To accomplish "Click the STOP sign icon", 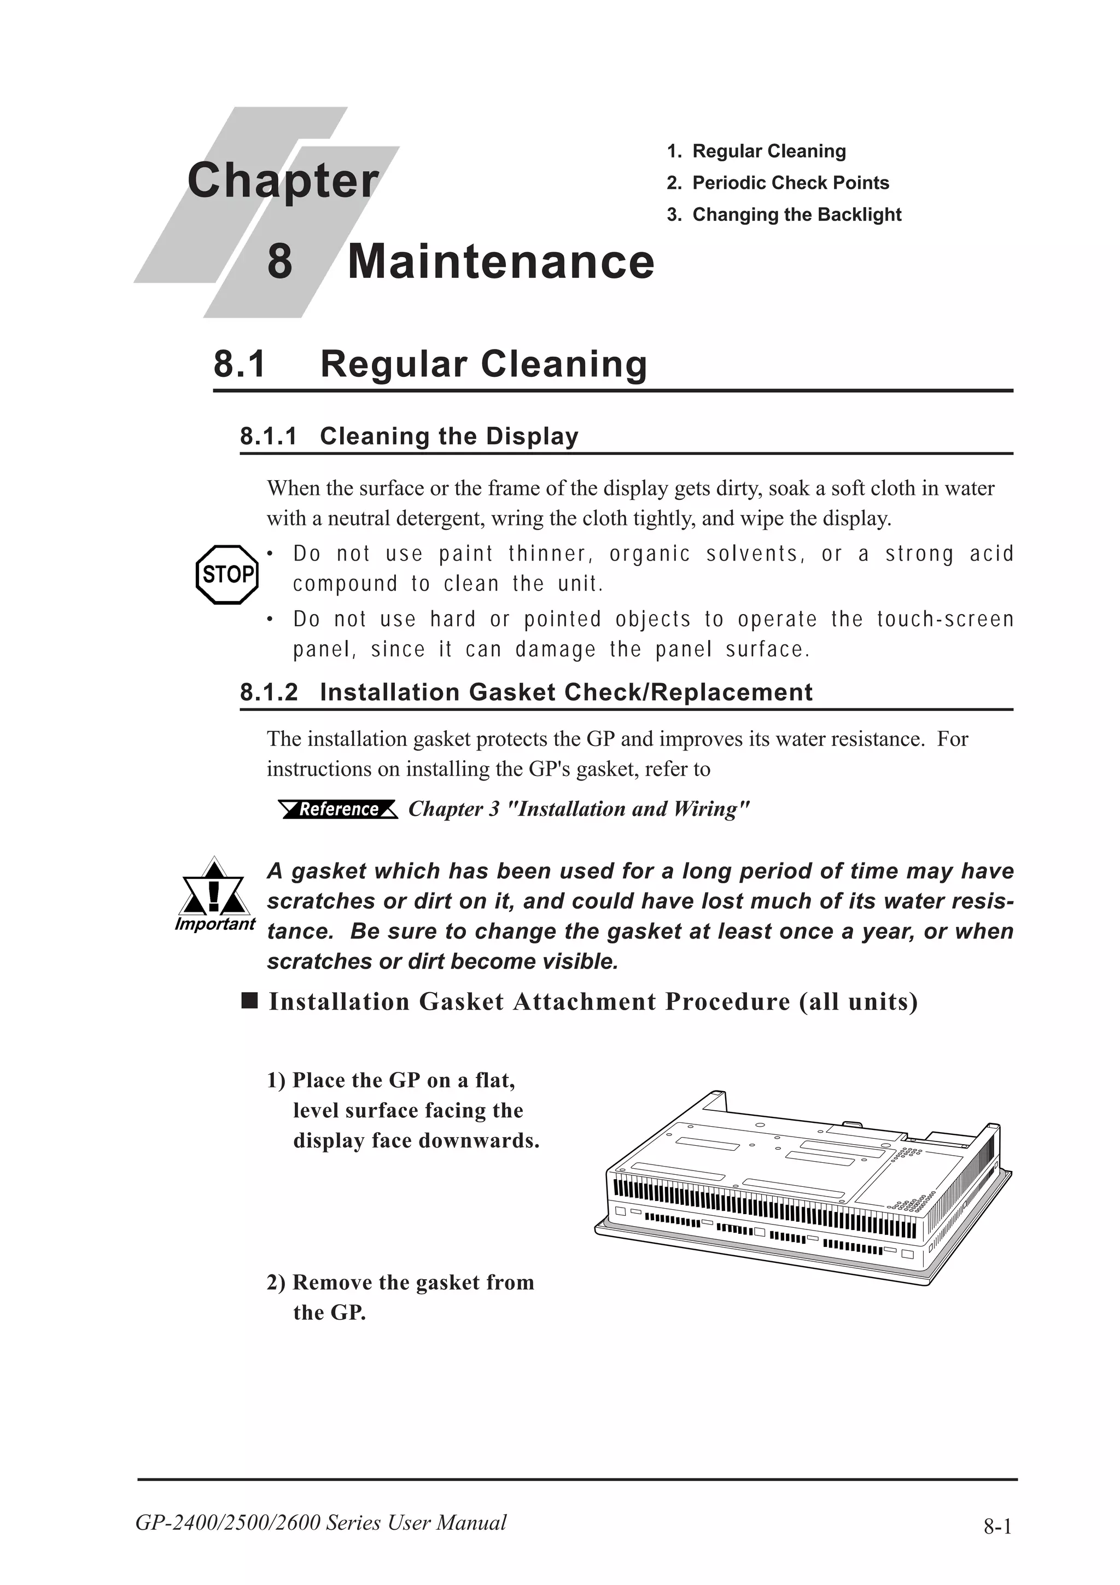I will coord(227,574).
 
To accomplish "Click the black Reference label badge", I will coord(338,809).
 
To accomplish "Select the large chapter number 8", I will coord(279,263).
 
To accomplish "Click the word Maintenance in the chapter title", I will coord(500,263).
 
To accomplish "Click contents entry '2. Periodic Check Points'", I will coord(778,183).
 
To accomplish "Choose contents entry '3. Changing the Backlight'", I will coord(784,215).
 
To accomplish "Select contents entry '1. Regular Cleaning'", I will coord(756,151).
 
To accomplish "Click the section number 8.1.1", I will coord(269,436).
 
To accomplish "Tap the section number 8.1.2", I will coord(269,692).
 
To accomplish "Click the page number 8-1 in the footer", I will coord(997,1526).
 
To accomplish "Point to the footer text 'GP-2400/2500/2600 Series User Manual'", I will coord(321,1522).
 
